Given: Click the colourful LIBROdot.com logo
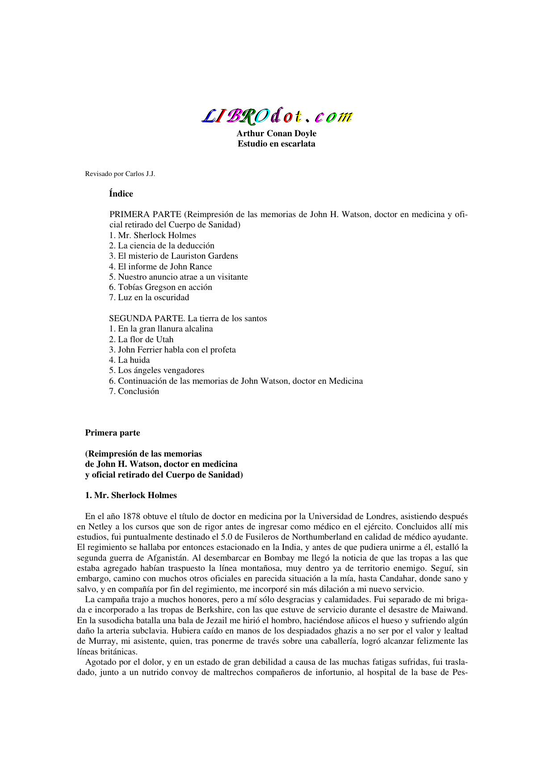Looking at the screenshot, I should click(277, 116).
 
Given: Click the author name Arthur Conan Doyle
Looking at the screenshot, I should click(276, 134).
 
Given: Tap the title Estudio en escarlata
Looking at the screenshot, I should click(276, 144).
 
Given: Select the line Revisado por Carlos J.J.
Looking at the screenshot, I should click(120, 174).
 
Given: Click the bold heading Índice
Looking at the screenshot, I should click(121, 194).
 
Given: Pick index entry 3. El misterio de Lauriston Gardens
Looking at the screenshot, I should click(173, 256).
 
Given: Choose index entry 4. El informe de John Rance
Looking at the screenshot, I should click(160, 267).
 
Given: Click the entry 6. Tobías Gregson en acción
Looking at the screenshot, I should click(160, 287).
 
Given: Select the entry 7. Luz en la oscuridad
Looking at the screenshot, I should click(149, 298).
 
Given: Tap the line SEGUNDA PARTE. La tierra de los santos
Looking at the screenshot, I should click(188, 319).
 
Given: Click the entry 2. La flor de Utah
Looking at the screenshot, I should click(141, 340).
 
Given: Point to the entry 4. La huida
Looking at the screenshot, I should click(130, 360).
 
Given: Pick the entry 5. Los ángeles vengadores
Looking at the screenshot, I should click(156, 370).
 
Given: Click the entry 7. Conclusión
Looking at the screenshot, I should click(134, 391).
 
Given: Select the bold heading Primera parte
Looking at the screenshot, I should click(113, 433).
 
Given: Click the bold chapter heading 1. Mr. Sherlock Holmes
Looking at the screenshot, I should click(131, 495).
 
